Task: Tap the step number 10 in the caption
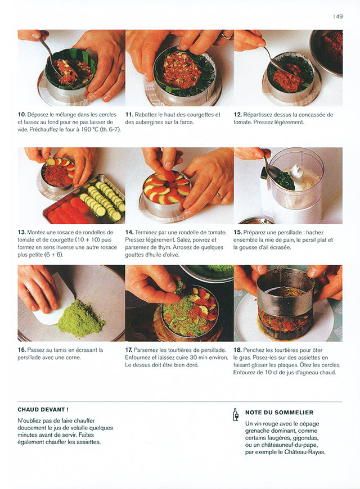point(21,115)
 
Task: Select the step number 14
point(129,232)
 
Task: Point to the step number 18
point(238,350)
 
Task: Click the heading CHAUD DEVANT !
point(43,410)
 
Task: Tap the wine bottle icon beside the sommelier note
point(236,415)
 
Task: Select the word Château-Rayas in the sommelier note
point(306,451)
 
